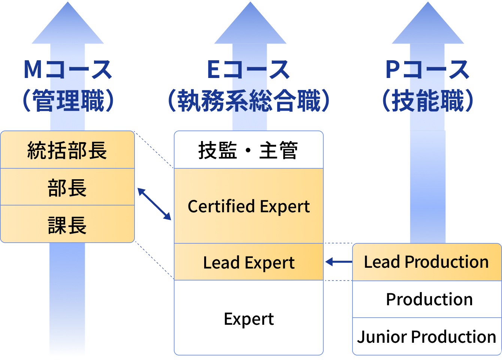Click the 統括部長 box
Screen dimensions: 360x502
[x=67, y=150]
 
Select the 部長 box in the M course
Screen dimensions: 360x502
[x=67, y=187]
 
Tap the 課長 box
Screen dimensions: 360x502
[x=67, y=224]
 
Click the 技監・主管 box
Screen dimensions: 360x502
[x=248, y=150]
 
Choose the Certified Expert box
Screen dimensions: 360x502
[x=248, y=206]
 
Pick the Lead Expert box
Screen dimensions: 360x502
[x=248, y=262]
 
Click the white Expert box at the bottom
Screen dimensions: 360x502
[x=248, y=318]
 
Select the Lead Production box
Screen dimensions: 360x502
[x=427, y=262]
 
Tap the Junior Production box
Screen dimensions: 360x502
[x=427, y=336]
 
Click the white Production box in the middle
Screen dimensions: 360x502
[x=427, y=299]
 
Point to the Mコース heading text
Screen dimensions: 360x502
[x=67, y=70]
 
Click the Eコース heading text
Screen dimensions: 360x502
[x=248, y=70]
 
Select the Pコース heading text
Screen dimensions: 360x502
[x=427, y=70]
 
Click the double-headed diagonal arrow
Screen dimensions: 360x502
[x=154, y=204]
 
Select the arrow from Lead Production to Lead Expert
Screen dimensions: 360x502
[x=339, y=262]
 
